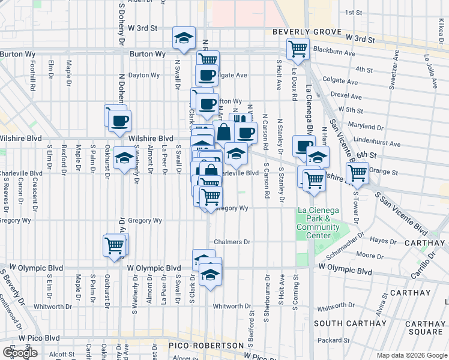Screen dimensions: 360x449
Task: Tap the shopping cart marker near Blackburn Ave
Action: click(x=298, y=49)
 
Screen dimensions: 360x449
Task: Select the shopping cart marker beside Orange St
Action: click(x=358, y=173)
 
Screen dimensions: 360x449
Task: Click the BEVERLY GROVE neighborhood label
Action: click(x=307, y=32)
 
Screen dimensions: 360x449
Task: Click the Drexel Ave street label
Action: click(x=346, y=94)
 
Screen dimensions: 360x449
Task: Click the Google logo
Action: click(x=20, y=352)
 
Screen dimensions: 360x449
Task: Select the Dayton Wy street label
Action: click(x=144, y=76)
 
